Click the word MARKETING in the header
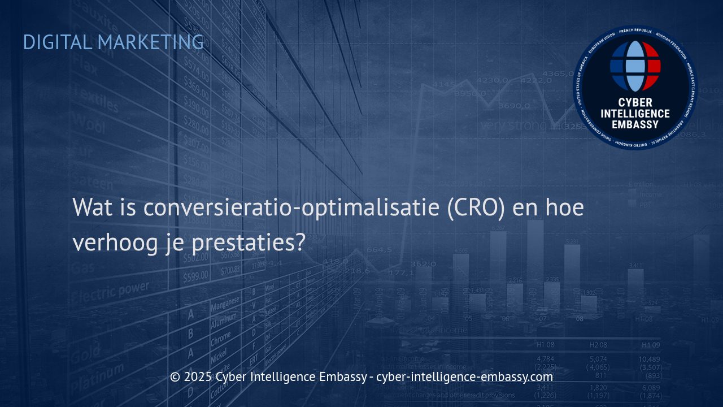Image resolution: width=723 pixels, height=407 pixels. tap(151, 42)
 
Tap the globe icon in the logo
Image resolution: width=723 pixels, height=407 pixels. tap(635, 66)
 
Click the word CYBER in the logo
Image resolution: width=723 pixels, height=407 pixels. tap(635, 103)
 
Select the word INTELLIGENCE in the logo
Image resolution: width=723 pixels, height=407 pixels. tap(635, 114)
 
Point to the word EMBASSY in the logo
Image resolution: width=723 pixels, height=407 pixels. tap(635, 124)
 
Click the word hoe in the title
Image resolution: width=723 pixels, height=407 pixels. tap(564, 207)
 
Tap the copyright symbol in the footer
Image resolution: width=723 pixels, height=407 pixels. tap(175, 377)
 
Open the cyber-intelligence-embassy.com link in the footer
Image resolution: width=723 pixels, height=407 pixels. tap(464, 377)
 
